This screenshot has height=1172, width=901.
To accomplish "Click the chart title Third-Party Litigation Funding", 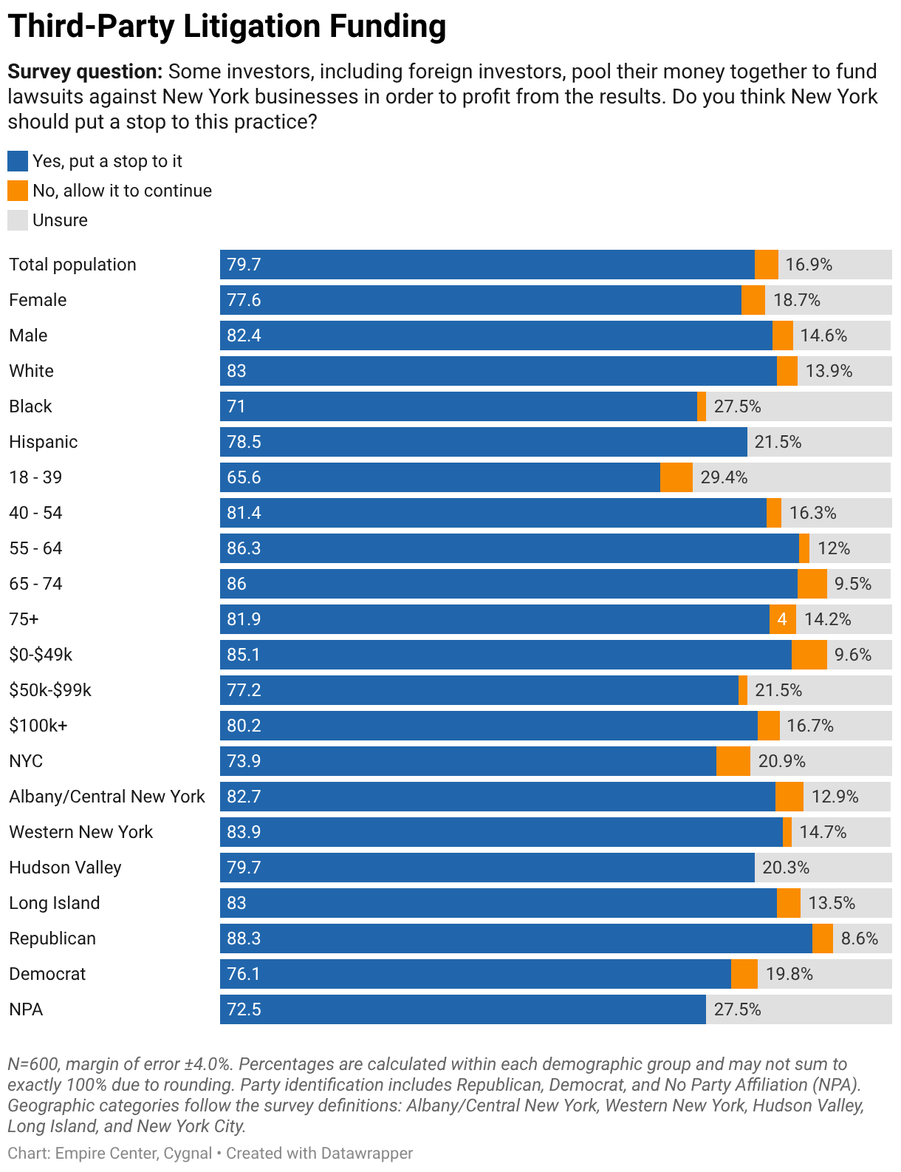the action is (x=227, y=27).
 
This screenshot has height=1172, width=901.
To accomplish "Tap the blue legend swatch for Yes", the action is (x=18, y=161).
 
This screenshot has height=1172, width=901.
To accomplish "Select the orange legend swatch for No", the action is (x=18, y=191).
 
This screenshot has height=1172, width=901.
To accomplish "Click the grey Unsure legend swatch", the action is (x=18, y=221).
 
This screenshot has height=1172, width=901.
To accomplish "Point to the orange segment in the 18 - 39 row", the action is (x=676, y=477).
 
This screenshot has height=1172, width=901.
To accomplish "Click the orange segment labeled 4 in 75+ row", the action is (x=782, y=619).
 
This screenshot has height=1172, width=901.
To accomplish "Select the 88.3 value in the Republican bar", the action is (x=244, y=938).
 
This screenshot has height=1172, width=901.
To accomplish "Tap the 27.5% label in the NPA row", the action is (x=737, y=1009).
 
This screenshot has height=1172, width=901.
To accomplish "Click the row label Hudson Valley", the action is (x=65, y=868).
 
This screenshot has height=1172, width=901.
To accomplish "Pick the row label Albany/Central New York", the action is (x=107, y=797).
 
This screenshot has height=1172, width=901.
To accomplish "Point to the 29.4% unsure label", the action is (x=724, y=477).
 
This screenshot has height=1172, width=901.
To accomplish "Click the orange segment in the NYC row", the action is (x=733, y=761).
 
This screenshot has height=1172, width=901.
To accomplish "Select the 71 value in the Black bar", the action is (x=236, y=406).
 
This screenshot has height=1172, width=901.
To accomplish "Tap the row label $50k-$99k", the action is (x=50, y=689).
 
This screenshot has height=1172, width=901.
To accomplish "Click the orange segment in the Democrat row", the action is (x=744, y=974).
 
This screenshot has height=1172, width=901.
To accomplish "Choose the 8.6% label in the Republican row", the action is (x=860, y=938).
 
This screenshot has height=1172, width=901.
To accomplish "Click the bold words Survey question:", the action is (x=85, y=72).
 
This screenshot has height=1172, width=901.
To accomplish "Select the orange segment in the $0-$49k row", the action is (x=809, y=655).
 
